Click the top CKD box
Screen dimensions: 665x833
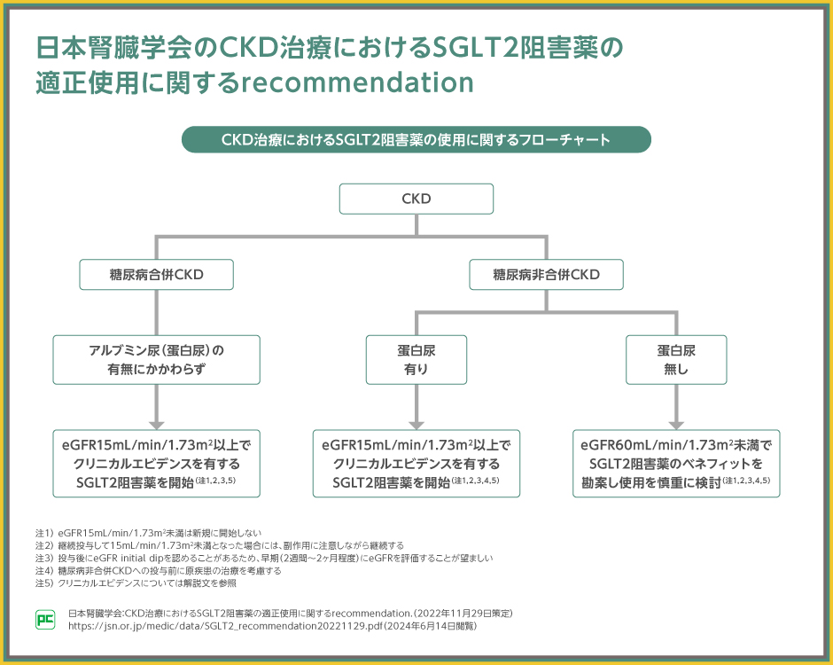pos(416,199)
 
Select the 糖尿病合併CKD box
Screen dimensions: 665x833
pos(157,275)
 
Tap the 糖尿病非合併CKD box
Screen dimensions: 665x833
pos(546,275)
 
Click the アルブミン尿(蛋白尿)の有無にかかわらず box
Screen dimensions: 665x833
pos(157,359)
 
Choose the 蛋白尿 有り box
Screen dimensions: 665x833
pos(416,359)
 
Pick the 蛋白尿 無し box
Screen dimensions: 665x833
pos(676,359)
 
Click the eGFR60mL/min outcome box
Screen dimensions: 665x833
pos(676,464)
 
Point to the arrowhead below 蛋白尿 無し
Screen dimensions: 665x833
pos(676,424)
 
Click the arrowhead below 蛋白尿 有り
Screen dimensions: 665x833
pos(416,424)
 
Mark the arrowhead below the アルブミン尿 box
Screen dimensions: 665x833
pos(157,424)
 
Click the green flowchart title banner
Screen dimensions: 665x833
pos(416,139)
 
